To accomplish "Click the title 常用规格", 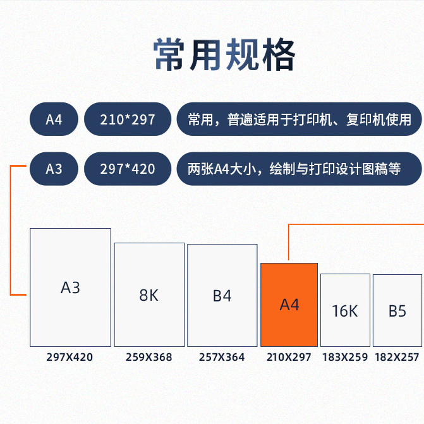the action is pos(224,56).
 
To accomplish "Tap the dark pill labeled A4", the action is pos(54,119).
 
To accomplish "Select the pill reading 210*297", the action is pos(128,119).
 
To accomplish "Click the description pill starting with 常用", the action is pos(299,119).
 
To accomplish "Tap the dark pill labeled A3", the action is pos(54,169).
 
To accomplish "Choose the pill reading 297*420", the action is pos(128,169).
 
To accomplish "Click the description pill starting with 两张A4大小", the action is pos(299,169).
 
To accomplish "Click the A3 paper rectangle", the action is pos(70,288).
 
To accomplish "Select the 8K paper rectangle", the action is pos(149,294).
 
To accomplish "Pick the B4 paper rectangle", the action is pos(222,295).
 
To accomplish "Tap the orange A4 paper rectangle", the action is pos(289,305).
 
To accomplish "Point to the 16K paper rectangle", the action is pos(345,310).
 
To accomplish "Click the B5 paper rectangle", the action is pos(397,310).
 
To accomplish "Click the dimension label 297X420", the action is pos(70,357).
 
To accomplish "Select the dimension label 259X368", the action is pos(149,357).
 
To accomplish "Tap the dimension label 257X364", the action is pos(222,357).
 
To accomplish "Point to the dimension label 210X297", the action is pos(289,357).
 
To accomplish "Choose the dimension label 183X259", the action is pos(345,357).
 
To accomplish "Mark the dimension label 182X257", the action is pos(397,357).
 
